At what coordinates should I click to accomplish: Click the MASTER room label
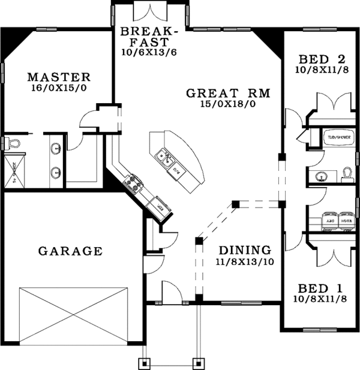click(59, 77)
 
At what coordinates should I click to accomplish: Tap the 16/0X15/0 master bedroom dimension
click(59, 88)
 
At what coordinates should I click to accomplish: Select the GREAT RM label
click(228, 93)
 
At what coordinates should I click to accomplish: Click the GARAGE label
click(70, 251)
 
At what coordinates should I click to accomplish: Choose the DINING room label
click(244, 249)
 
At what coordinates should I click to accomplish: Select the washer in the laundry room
click(346, 219)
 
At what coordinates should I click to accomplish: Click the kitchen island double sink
click(164, 158)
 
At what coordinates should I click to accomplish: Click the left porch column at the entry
click(145, 363)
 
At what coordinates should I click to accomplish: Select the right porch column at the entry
click(196, 363)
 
